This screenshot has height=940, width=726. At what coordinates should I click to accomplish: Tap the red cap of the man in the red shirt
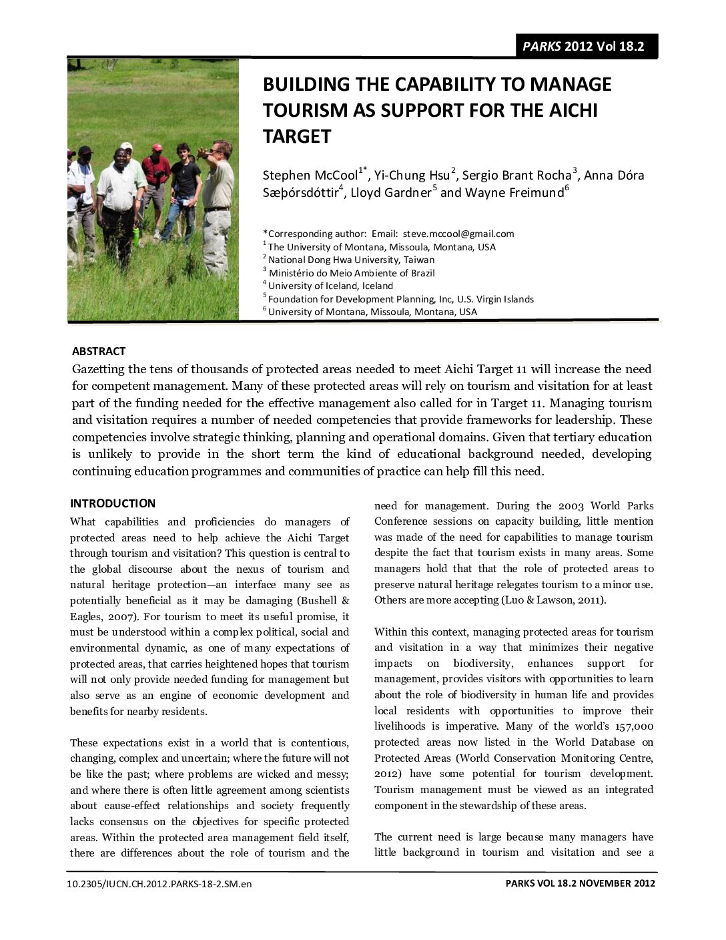pyautogui.click(x=157, y=148)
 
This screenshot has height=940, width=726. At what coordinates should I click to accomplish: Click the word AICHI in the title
pyautogui.click(x=571, y=110)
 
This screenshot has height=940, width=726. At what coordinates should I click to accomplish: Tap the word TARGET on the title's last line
pyautogui.click(x=297, y=137)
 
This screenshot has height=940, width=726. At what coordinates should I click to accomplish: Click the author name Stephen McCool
pyautogui.click(x=310, y=176)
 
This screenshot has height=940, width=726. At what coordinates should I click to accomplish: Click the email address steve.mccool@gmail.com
pyautogui.click(x=458, y=234)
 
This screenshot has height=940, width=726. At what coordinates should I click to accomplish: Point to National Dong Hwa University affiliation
pyautogui.click(x=351, y=260)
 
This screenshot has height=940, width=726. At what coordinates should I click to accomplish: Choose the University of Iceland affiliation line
pyautogui.click(x=330, y=286)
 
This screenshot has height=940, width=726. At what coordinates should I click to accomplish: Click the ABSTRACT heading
pyautogui.click(x=99, y=351)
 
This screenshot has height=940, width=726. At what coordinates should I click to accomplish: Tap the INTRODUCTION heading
pyautogui.click(x=113, y=503)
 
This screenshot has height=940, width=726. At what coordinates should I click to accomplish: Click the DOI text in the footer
pyautogui.click(x=159, y=884)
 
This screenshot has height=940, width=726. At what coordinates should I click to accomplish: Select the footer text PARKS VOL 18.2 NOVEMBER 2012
pyautogui.click(x=580, y=883)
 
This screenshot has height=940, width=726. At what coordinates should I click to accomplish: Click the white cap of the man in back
pyautogui.click(x=125, y=146)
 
